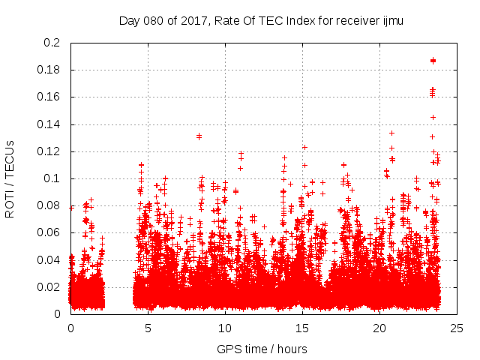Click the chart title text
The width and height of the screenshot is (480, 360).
(261, 20)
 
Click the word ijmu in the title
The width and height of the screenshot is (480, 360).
(391, 20)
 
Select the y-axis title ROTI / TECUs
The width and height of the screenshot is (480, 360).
(10, 178)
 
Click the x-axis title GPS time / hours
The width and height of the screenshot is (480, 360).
(261, 349)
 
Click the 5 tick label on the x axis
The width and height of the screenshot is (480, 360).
(148, 328)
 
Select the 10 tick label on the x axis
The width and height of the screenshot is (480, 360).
(225, 328)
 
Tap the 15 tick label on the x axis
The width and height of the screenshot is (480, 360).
(302, 328)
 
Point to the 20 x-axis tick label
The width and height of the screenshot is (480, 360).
(379, 328)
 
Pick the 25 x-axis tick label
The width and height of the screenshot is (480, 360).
(457, 328)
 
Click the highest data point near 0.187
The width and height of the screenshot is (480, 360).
(433, 61)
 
